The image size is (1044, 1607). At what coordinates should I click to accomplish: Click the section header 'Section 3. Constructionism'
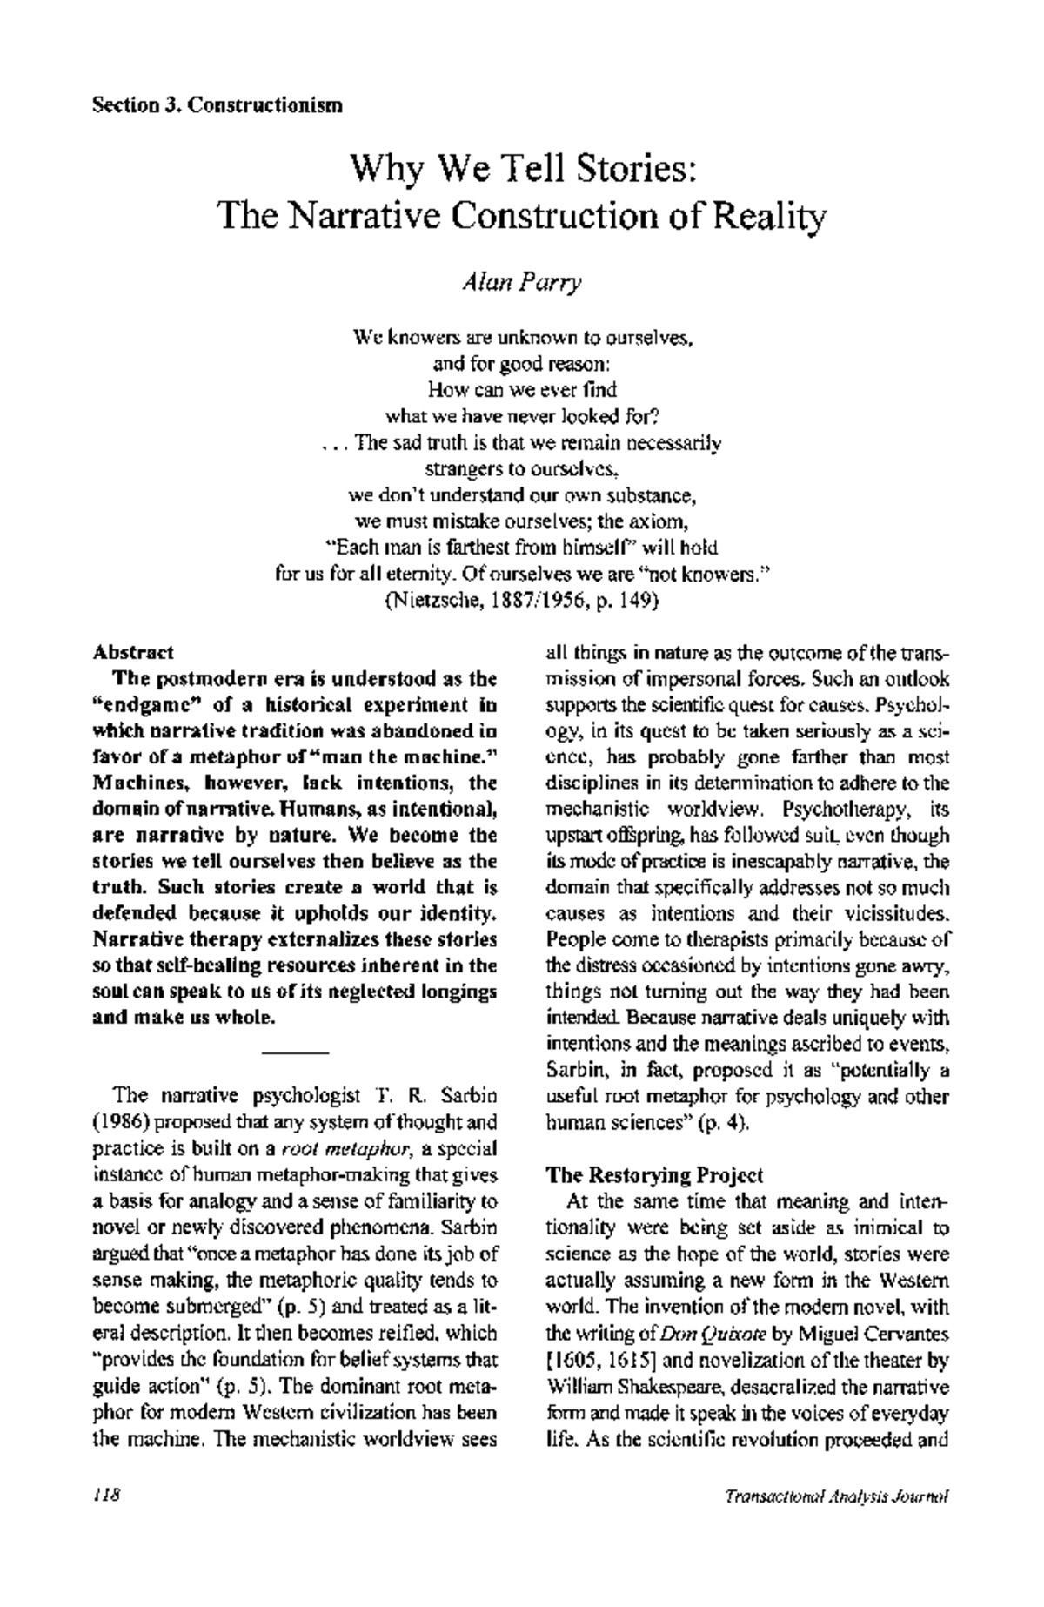[x=217, y=106]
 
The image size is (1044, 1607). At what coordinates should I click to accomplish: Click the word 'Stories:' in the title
[x=633, y=167]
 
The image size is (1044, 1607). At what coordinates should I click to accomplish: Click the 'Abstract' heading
[x=133, y=651]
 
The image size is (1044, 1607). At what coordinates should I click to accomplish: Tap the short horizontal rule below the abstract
[x=295, y=1054]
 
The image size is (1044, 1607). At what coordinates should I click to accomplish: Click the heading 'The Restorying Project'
[x=653, y=1175]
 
